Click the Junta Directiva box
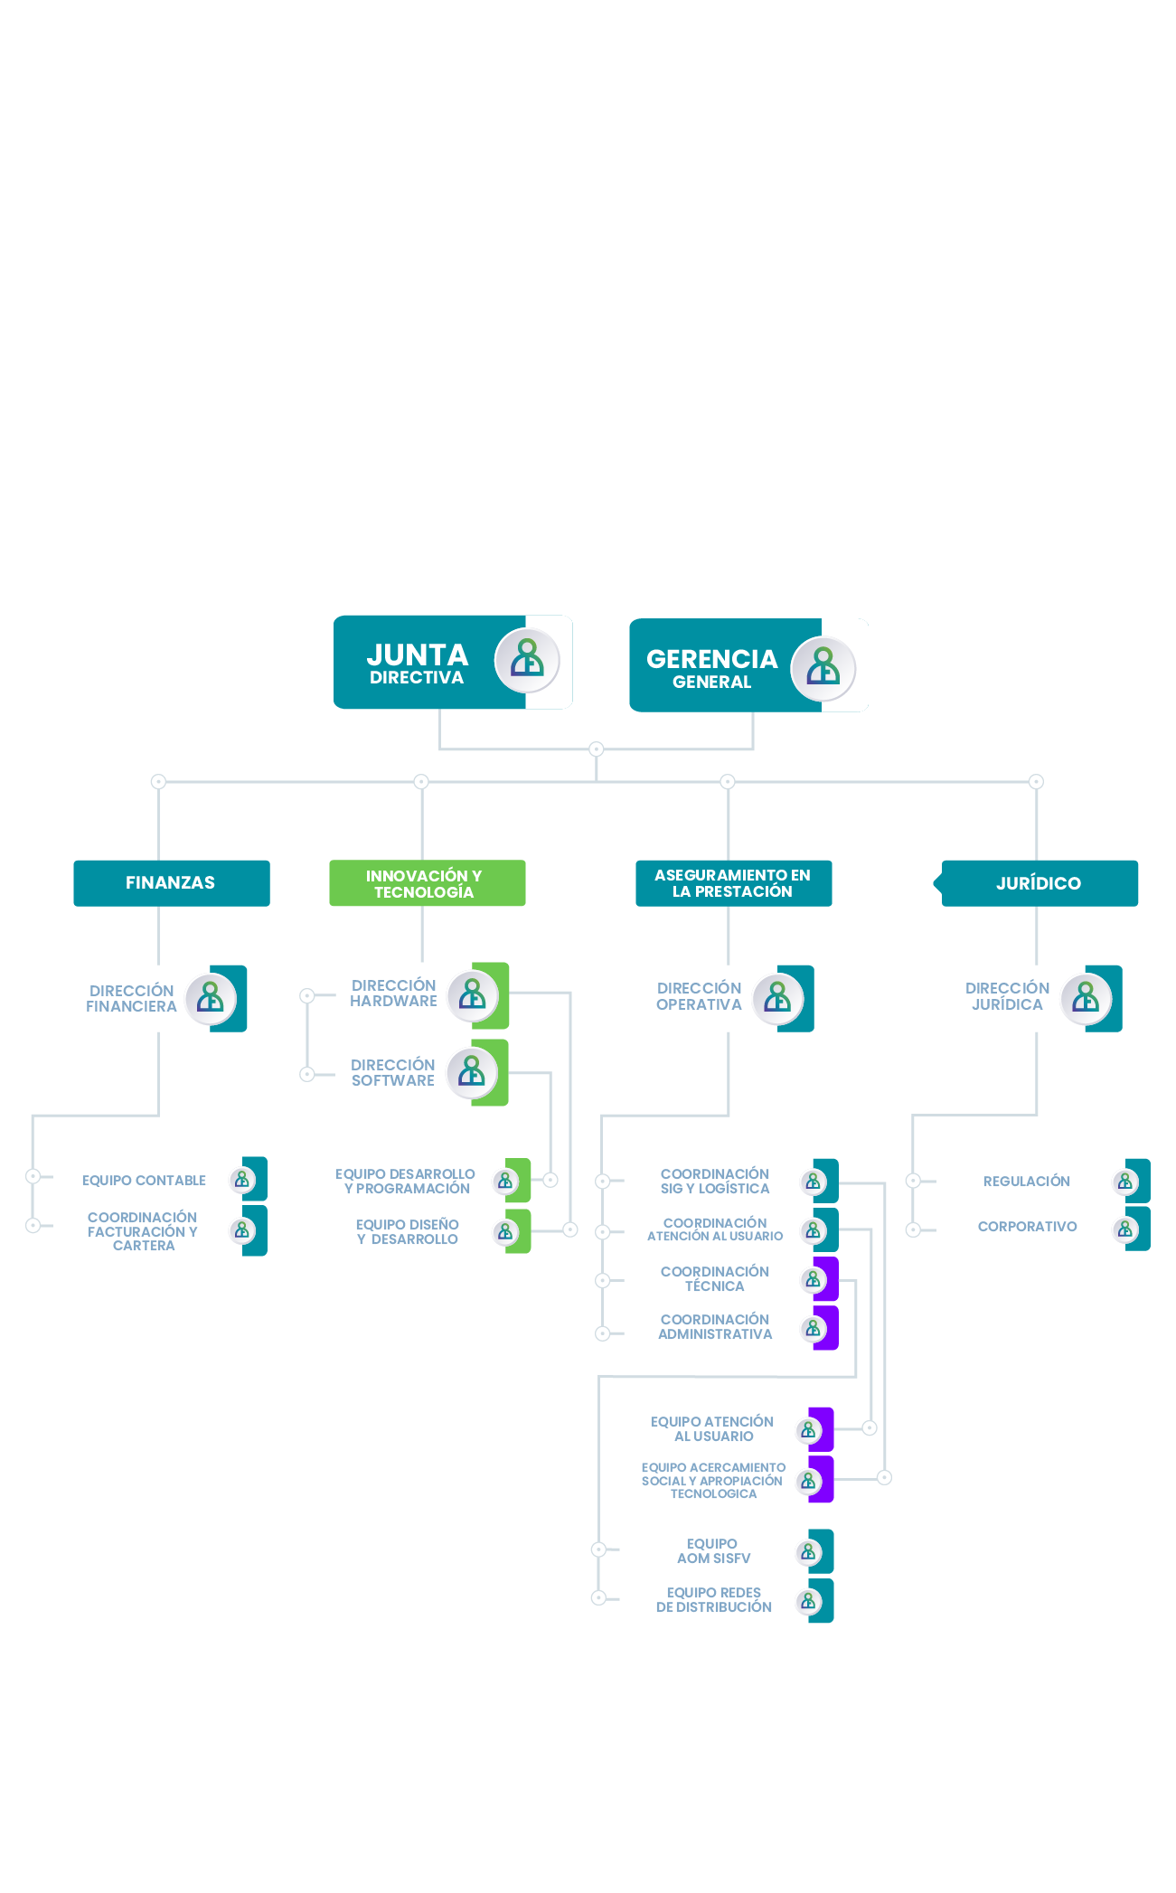(452, 663)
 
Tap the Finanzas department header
(171, 883)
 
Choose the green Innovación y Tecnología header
(427, 884)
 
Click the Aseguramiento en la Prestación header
(733, 883)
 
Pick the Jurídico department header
(1040, 883)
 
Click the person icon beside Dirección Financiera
(212, 998)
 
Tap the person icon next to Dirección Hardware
(473, 995)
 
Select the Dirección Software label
(393, 1073)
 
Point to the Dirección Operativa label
(699, 996)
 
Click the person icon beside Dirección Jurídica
(1086, 998)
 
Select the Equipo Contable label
(144, 1181)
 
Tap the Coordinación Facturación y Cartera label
(143, 1231)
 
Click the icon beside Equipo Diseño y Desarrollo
(506, 1231)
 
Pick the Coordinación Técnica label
(715, 1279)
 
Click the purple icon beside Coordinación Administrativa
(814, 1328)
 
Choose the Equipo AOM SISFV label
(713, 1551)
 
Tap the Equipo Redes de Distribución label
(714, 1600)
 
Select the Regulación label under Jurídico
(1027, 1182)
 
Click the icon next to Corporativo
(1126, 1229)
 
